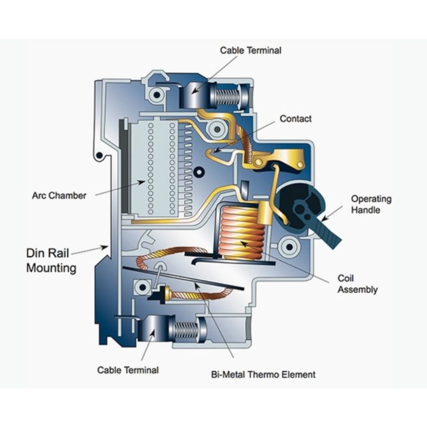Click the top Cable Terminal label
[250, 50]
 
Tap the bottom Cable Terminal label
[128, 369]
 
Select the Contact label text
[296, 118]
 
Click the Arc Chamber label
[59, 195]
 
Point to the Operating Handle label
[371, 204]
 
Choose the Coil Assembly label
[357, 284]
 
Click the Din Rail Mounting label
[51, 260]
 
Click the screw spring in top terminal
[227, 96]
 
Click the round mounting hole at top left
[157, 94]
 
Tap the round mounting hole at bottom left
[141, 288]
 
